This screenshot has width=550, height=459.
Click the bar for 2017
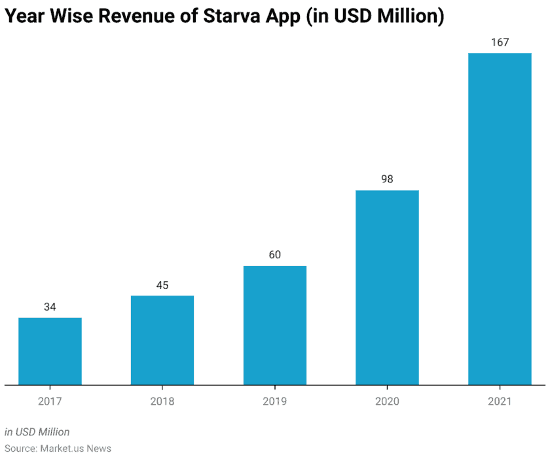50,351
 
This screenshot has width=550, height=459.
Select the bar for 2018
162,340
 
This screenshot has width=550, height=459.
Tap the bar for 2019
275,326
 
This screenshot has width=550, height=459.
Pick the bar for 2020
387,288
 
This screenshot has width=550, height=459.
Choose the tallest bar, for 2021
500,219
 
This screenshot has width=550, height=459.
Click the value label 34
50,307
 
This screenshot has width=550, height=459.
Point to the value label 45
162,284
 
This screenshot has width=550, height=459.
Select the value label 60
275,254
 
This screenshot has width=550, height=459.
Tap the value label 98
387,178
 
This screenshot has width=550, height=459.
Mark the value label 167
500,42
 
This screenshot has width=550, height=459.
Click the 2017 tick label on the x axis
50,401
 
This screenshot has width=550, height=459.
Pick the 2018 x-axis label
162,401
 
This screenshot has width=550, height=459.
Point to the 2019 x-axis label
275,401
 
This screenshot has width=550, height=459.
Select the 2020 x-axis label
387,401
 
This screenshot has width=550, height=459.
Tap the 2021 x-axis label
500,401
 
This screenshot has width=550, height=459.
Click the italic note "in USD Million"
37,432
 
